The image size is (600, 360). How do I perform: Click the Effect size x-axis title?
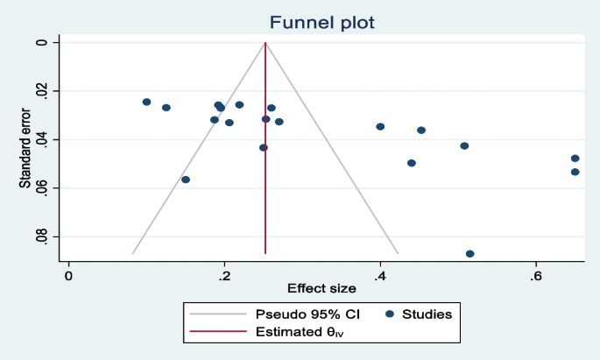click(x=322, y=288)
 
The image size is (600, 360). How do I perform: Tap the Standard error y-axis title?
click(x=26, y=149)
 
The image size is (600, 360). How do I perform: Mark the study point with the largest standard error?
click(x=470, y=254)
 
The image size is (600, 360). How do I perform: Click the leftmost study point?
click(x=146, y=102)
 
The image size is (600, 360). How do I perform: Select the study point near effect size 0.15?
click(x=186, y=180)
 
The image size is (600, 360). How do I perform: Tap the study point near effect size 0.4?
click(x=380, y=126)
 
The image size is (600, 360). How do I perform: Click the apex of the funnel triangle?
click(x=265, y=42)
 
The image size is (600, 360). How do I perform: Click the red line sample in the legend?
click(x=216, y=332)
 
